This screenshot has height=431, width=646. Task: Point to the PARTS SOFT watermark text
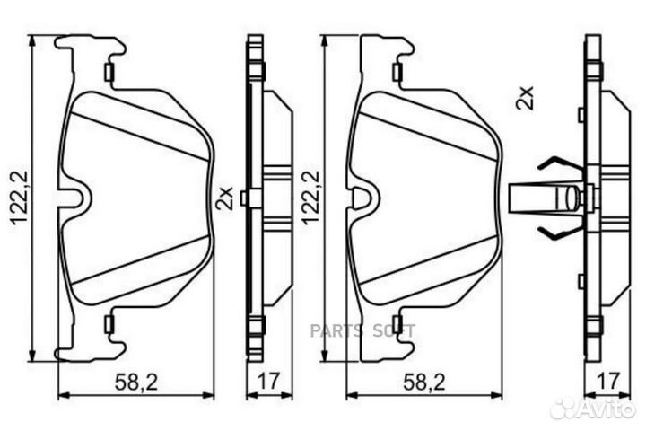pos(363,330)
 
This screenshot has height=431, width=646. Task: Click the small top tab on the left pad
pos(109,72)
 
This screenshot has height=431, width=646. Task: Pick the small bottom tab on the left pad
pos(109,323)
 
